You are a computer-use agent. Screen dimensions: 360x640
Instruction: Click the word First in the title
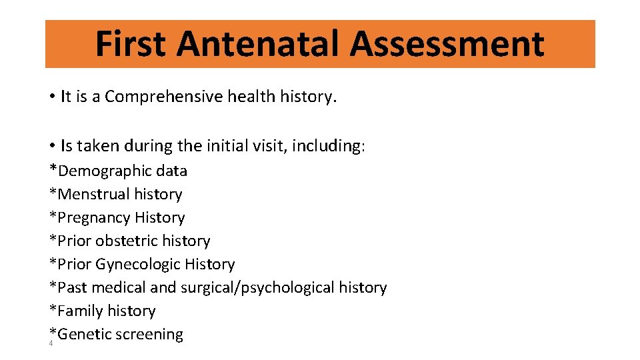click(131, 44)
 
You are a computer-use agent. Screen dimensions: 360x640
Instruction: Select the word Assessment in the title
click(447, 44)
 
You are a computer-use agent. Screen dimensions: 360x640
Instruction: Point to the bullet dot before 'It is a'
click(51, 97)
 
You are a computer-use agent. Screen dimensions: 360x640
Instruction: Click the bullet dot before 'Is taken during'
click(51, 146)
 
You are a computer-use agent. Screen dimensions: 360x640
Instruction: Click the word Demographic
click(105, 171)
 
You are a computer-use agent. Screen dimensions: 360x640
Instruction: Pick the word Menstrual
click(94, 195)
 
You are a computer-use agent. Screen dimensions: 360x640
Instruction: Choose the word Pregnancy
click(94, 218)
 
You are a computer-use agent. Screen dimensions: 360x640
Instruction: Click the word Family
click(81, 311)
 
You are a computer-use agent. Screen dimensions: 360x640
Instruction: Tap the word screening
click(149, 335)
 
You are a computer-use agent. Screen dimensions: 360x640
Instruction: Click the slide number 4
click(51, 343)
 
